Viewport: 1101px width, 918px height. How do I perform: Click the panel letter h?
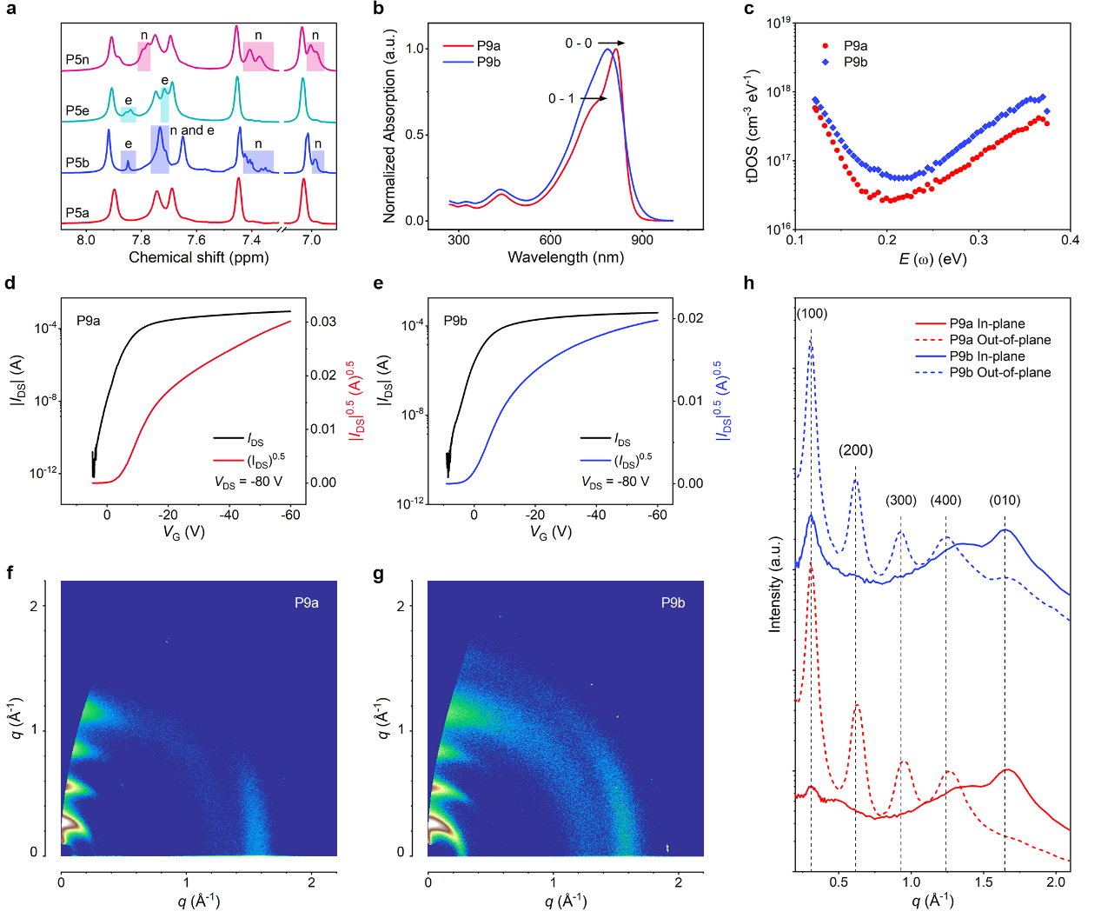[x=749, y=283]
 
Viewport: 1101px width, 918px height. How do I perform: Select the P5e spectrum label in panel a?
[x=77, y=110]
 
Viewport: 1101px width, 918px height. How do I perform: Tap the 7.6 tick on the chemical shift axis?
[x=196, y=240]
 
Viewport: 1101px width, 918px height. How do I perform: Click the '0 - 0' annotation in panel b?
[x=578, y=43]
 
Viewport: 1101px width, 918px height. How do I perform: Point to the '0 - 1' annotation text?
[x=560, y=98]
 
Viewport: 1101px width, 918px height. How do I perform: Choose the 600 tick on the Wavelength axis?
[x=550, y=240]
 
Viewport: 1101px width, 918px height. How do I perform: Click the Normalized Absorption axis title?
[x=389, y=126]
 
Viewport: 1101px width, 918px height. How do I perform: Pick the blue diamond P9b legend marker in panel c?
[x=826, y=62]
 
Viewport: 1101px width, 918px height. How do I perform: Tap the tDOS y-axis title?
[x=753, y=126]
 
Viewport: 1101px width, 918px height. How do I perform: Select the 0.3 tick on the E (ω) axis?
[x=978, y=240]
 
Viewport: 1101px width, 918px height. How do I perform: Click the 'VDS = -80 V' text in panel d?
[x=249, y=482]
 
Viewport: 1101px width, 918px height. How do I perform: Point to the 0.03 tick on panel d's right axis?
[x=323, y=322]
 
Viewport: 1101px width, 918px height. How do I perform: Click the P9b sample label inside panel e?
[x=455, y=321]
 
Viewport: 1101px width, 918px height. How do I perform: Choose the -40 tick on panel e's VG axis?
[x=596, y=515]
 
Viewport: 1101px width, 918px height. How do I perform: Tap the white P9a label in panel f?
[x=306, y=602]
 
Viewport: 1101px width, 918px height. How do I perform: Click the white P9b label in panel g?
[x=673, y=602]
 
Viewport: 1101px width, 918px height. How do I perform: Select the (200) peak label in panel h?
[x=855, y=450]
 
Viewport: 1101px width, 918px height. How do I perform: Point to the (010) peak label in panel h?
[x=1005, y=500]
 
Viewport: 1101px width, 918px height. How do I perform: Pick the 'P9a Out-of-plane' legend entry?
[x=999, y=340]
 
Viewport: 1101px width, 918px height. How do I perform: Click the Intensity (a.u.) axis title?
[x=775, y=583]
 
